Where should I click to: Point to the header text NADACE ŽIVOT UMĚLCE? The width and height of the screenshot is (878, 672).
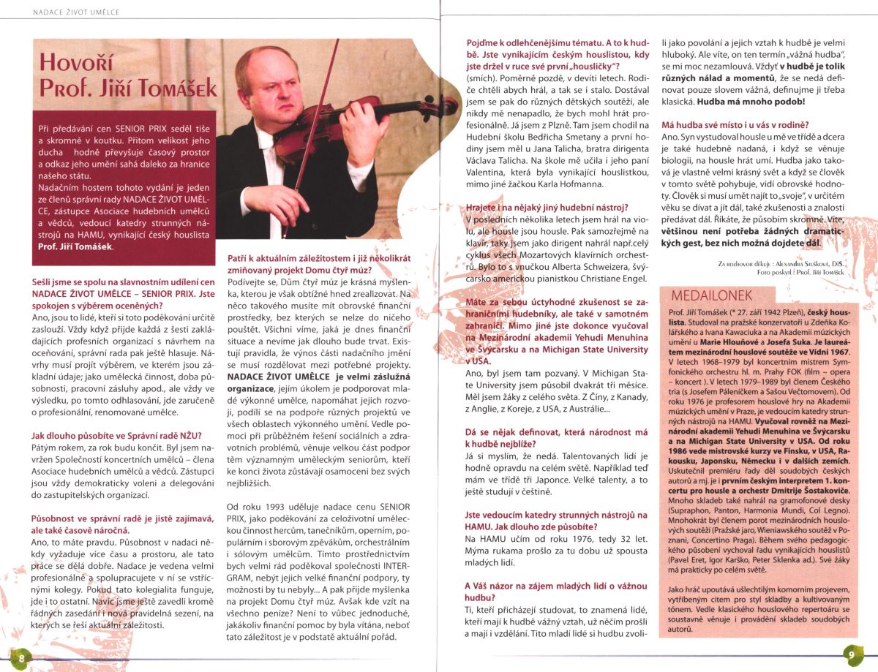pos(78,12)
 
